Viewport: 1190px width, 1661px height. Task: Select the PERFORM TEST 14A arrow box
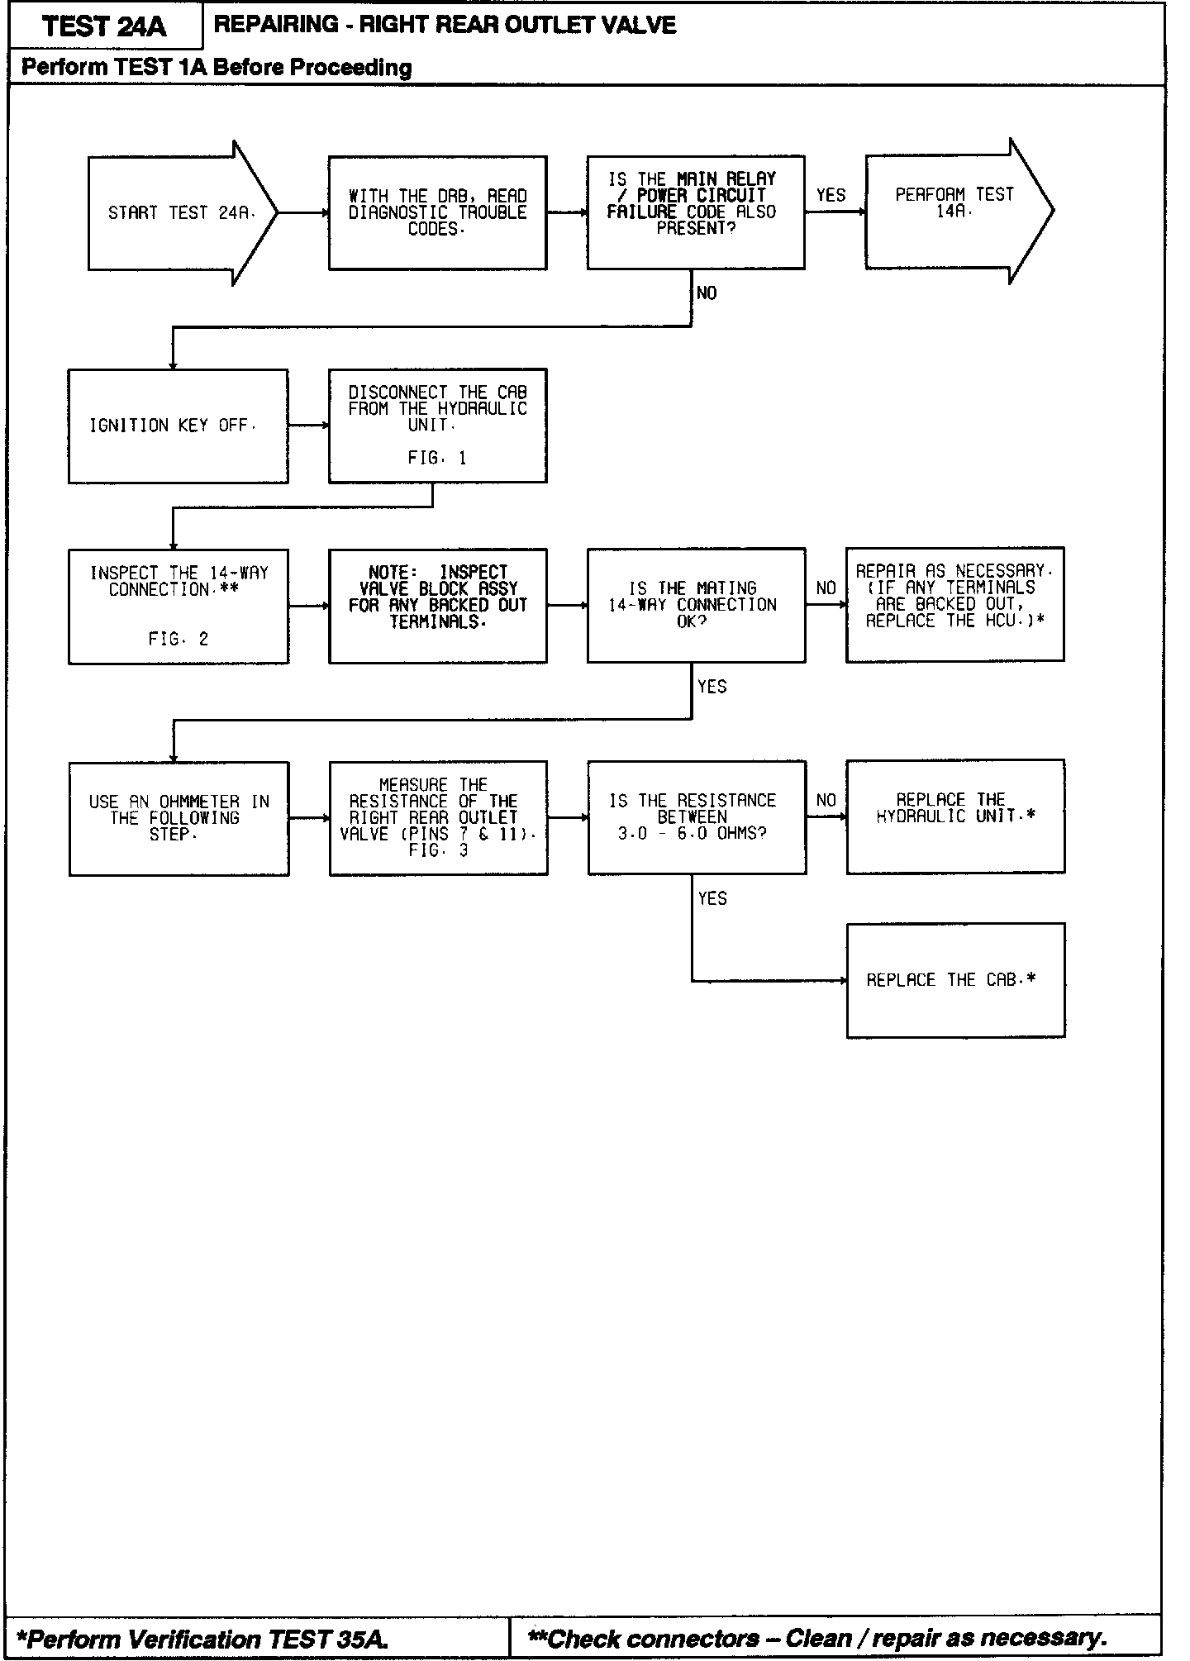pos(954,212)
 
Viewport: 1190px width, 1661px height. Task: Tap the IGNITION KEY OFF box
pos(178,426)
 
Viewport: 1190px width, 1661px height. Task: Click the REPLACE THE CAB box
pos(955,980)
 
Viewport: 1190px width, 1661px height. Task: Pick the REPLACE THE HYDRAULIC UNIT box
pos(955,816)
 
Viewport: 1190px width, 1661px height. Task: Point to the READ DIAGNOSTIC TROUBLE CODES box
pos(437,213)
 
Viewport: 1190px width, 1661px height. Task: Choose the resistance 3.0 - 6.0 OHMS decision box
pos(696,817)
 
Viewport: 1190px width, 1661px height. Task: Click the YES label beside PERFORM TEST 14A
pos(831,196)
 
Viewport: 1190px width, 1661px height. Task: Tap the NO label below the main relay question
pos(707,293)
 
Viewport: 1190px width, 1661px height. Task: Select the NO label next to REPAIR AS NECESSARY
pos(826,588)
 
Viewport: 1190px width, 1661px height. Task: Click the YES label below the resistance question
pos(712,899)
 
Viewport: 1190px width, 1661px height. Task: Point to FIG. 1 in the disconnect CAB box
pos(437,459)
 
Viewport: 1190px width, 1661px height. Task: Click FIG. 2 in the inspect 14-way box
pos(178,639)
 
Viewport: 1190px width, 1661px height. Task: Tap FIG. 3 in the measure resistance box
pos(438,850)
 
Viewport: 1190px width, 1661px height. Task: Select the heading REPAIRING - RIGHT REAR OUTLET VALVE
pos(445,25)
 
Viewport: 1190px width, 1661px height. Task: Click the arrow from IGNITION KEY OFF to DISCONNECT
pos(308,426)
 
